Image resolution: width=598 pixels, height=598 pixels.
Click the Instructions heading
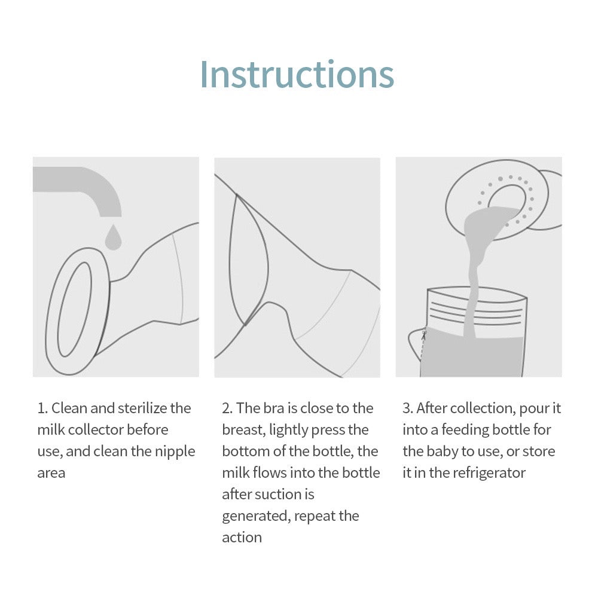[297, 74]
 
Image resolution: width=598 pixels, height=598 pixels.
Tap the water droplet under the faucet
[113, 237]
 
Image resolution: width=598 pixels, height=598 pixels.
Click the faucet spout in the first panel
[80, 187]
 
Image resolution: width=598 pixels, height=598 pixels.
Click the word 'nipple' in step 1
[175, 452]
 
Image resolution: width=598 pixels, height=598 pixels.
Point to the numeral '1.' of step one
[42, 408]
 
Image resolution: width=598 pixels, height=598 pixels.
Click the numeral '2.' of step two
[227, 408]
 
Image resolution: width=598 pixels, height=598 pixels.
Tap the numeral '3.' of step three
[408, 408]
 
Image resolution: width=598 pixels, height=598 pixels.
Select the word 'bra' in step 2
[273, 408]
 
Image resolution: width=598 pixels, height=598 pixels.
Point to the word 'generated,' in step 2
[256, 517]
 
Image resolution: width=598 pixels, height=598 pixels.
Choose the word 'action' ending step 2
[242, 538]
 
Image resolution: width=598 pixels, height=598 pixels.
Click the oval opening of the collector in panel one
[75, 309]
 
